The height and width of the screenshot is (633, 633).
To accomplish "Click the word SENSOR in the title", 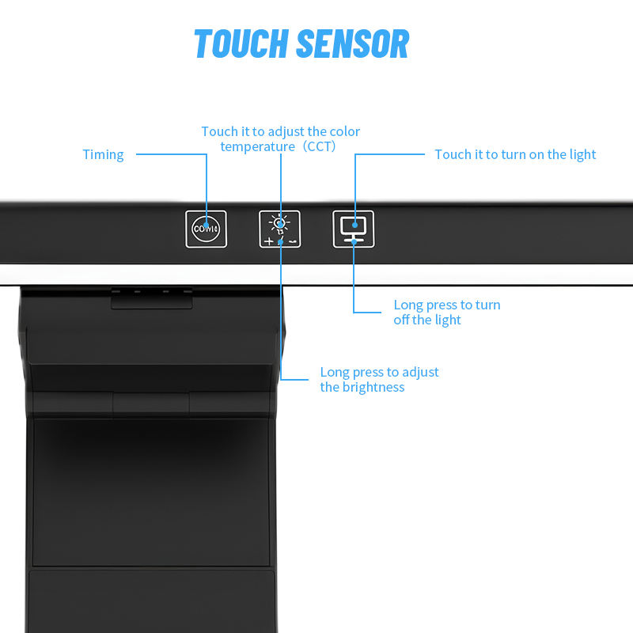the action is tap(355, 44).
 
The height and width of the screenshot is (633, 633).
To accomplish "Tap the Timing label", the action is tap(104, 154).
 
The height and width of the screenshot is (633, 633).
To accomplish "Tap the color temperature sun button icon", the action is tap(280, 229).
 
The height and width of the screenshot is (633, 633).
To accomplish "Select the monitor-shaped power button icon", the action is tap(354, 229).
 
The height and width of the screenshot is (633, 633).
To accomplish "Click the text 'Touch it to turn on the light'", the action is tap(515, 154).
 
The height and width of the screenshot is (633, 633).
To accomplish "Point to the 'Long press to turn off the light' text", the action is tap(446, 312).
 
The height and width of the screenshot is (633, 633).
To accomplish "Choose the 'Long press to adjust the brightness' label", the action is tap(379, 379).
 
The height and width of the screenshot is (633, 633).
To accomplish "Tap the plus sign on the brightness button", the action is tap(269, 241).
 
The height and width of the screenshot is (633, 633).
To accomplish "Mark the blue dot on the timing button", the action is tap(207, 226).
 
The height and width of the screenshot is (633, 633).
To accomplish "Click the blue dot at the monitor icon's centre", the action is tap(354, 226).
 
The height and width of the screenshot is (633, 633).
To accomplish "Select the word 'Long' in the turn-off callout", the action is tap(408, 305).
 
